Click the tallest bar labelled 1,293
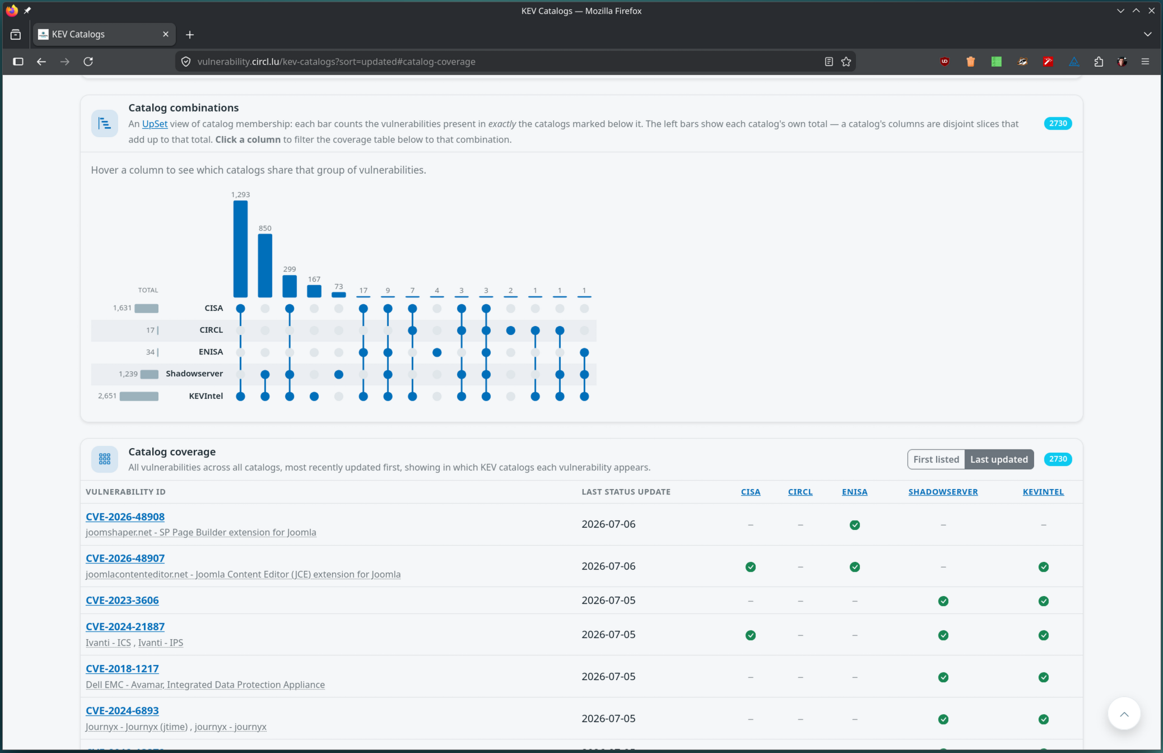point(240,249)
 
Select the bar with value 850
point(265,266)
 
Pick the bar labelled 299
point(290,286)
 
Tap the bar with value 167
point(314,291)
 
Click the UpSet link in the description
point(155,124)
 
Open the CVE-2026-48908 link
point(125,517)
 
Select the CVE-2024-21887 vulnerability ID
point(125,626)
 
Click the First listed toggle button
point(936,459)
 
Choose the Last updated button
point(999,459)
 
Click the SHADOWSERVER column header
point(943,492)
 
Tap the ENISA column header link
point(854,492)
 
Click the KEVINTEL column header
point(1043,492)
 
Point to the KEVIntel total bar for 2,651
point(139,396)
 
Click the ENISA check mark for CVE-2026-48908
point(854,525)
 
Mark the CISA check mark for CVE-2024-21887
point(751,635)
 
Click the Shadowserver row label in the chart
point(194,374)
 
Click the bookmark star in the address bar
point(846,62)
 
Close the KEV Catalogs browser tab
point(165,34)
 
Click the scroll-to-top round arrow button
point(1124,713)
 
